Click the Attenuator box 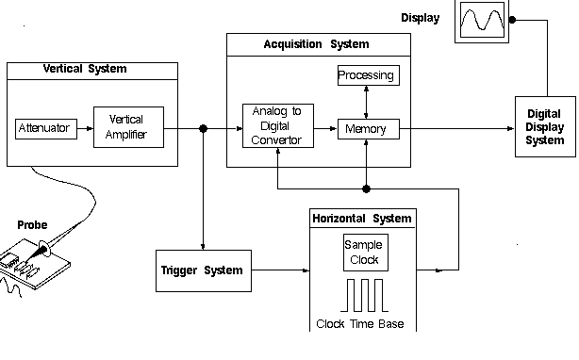tap(43, 127)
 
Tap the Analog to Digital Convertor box tap(276, 127)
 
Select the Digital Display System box tap(545, 127)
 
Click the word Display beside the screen tap(420, 17)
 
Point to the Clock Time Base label tap(361, 325)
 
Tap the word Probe tap(33, 225)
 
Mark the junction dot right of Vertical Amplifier tap(204, 127)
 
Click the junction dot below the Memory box tap(367, 188)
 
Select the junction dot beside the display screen tap(512, 18)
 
